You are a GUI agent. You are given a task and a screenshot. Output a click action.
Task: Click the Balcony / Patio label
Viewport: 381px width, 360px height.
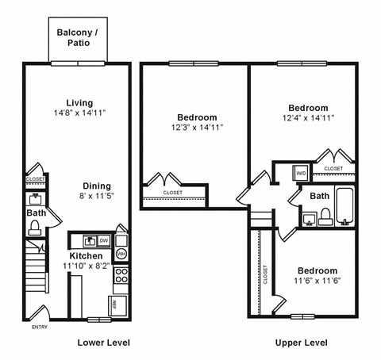pyautogui.click(x=78, y=37)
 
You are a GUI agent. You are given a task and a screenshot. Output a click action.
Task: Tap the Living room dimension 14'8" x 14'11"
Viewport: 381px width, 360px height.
pyautogui.click(x=79, y=113)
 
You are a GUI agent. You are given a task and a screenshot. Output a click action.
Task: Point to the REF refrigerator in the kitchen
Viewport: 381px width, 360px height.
pyautogui.click(x=114, y=304)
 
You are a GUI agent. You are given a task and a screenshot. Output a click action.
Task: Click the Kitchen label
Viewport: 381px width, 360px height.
pyautogui.click(x=85, y=257)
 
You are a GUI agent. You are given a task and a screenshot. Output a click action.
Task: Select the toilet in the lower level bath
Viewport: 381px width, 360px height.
pyautogui.click(x=35, y=228)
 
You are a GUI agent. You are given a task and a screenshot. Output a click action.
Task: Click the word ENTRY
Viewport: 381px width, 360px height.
pyautogui.click(x=39, y=327)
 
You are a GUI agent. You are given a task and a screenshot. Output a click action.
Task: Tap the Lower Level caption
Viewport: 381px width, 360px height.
pyautogui.click(x=103, y=343)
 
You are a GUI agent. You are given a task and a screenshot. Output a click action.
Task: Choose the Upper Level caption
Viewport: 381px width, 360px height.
pyautogui.click(x=302, y=343)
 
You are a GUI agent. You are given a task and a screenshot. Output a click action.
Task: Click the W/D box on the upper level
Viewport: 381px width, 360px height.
pyautogui.click(x=301, y=171)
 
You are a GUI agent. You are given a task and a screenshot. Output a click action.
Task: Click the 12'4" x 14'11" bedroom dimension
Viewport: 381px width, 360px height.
pyautogui.click(x=308, y=118)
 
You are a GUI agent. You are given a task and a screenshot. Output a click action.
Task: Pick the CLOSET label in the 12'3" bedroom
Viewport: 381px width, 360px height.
pyautogui.click(x=172, y=193)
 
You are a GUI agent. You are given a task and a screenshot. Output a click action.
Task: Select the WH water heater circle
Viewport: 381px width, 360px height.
pyautogui.click(x=121, y=254)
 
